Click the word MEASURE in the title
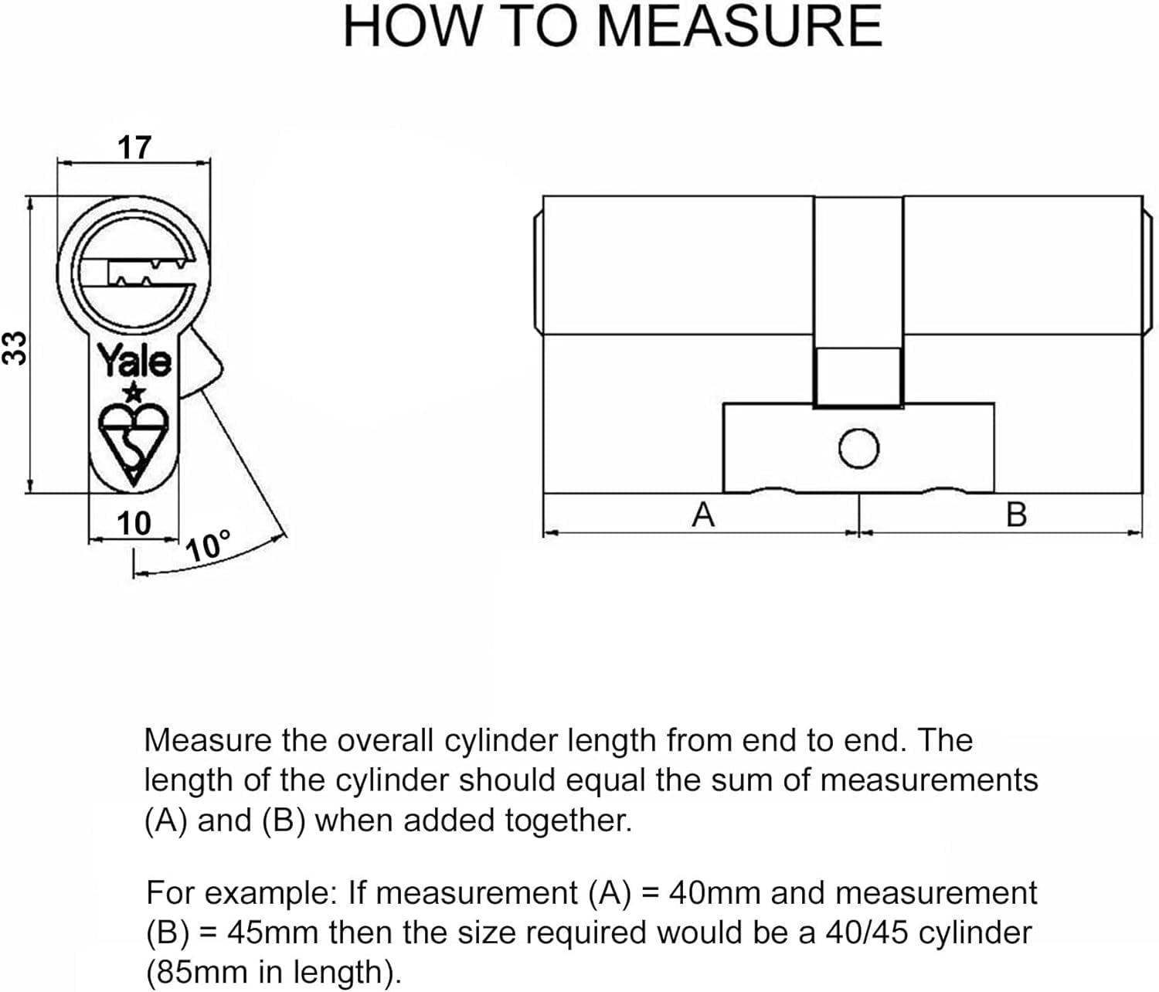739,26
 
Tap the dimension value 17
134,147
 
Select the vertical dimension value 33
15,347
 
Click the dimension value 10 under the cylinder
134,524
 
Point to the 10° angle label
208,546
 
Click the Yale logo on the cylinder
134,361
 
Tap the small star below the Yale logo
134,392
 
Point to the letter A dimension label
703,515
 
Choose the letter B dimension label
1016,515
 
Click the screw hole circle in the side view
858,449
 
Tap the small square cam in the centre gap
858,377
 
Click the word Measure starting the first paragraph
208,740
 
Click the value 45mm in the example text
272,933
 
